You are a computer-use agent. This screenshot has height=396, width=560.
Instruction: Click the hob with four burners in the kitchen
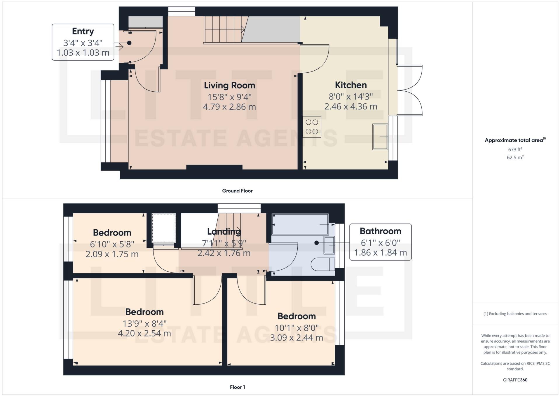312,127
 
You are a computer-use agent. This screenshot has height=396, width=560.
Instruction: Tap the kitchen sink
380,137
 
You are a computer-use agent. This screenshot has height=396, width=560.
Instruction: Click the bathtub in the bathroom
300,224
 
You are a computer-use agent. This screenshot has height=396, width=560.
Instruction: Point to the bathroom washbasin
329,245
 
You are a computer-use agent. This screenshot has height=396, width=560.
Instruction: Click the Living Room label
229,85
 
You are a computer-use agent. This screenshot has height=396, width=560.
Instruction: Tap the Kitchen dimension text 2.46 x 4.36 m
350,107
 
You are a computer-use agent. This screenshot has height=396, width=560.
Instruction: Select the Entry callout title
83,31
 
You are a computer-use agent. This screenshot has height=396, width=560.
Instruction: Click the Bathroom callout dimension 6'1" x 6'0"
380,243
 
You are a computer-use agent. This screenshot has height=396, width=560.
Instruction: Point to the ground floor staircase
224,29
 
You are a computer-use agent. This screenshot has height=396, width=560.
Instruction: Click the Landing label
224,231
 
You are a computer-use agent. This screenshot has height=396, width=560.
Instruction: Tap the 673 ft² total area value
515,149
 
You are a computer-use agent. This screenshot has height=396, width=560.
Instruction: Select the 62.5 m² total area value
515,158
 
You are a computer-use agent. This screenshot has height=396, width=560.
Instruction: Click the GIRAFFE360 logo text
515,380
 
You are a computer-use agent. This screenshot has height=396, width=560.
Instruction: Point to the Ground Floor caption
237,191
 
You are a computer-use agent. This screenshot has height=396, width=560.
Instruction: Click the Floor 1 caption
237,387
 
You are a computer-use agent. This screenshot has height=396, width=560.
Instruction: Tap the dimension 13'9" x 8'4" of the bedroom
144,323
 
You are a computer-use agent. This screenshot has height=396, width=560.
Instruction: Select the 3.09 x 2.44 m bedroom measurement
296,338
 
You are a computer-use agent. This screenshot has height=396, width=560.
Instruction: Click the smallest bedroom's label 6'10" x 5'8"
112,244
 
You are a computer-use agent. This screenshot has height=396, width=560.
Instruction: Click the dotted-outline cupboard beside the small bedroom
164,228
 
